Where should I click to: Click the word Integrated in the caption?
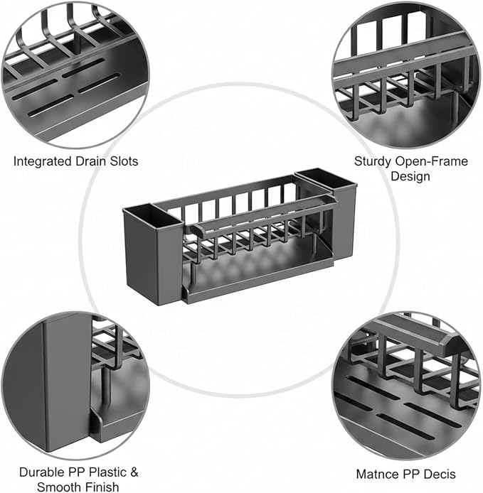(43, 161)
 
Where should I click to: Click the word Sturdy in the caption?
(373, 161)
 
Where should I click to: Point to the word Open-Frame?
(432, 161)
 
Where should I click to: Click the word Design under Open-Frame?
(410, 176)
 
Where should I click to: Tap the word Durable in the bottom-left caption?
(41, 472)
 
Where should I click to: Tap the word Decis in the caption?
(440, 474)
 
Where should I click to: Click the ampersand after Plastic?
(134, 472)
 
